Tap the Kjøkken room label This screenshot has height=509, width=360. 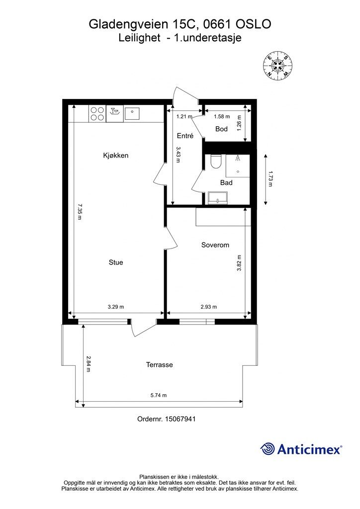115,156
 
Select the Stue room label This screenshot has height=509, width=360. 116,262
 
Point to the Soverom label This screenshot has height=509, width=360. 215,245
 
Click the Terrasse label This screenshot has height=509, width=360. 160,364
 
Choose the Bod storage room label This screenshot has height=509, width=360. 221,129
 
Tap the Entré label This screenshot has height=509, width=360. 185,136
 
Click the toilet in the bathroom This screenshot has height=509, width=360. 215,162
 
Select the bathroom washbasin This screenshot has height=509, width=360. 218,198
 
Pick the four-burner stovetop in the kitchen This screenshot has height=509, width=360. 97,114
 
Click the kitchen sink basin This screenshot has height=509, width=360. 132,113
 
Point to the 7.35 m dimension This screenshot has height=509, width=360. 80,212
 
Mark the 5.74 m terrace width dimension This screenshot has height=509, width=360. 159,395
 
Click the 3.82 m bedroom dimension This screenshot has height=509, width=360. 239,263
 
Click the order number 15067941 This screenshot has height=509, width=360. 180,419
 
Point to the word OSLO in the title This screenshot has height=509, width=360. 253,24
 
